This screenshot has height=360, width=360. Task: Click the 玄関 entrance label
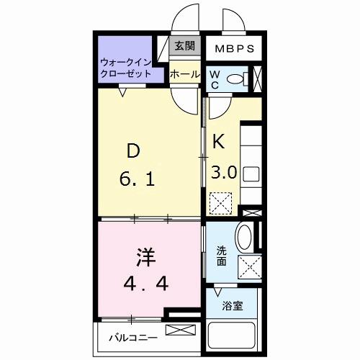pyautogui.click(x=185, y=46)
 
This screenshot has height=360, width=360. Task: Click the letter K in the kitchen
pyautogui.click(x=219, y=142)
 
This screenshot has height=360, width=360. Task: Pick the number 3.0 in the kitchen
pyautogui.click(x=224, y=172)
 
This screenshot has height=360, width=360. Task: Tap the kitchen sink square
pyautogui.click(x=251, y=174)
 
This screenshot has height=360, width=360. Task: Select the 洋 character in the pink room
pyautogui.click(x=148, y=257)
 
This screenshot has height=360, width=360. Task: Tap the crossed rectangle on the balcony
pyautogui.click(x=179, y=330)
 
